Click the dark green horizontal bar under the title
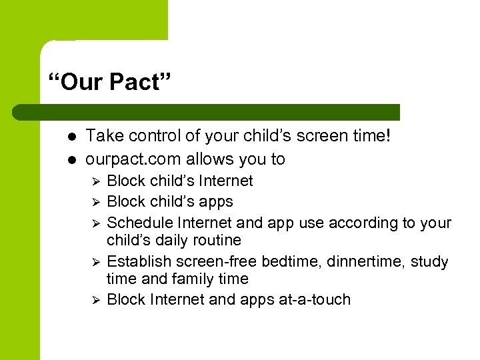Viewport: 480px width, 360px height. point(207,112)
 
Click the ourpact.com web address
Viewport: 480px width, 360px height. point(133,159)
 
